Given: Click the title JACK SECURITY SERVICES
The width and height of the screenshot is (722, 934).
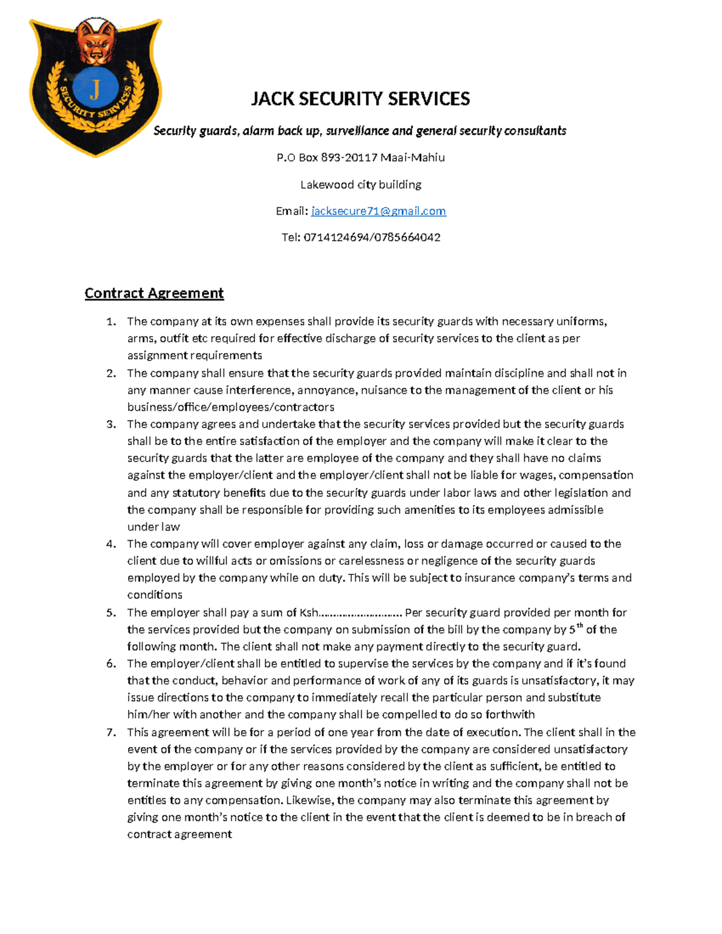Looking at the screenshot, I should [x=360, y=99].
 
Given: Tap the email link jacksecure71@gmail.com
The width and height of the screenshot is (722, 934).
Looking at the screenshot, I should [x=378, y=211].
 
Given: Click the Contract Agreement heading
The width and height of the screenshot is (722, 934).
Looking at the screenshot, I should [x=154, y=293].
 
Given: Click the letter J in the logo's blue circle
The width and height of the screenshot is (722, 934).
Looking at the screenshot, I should [x=94, y=90].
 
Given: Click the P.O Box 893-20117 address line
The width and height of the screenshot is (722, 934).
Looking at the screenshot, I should [x=360, y=158].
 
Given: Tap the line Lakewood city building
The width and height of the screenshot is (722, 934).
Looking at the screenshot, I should [x=360, y=185].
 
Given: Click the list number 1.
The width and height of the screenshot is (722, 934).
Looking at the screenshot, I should [x=111, y=322].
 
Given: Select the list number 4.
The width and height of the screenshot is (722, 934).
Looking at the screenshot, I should [x=111, y=544].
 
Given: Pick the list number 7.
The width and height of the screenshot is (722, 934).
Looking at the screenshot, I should [x=111, y=733].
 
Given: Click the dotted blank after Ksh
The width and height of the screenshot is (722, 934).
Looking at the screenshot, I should [x=360, y=613].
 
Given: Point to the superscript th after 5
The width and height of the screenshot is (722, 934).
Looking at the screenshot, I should [x=580, y=626].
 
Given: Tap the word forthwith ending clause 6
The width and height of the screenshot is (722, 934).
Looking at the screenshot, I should [x=511, y=715].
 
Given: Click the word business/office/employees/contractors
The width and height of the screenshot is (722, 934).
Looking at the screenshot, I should [x=230, y=408].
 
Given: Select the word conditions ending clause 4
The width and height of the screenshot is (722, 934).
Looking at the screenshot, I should [x=155, y=595].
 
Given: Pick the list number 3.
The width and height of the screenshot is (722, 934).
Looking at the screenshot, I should [x=111, y=425].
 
